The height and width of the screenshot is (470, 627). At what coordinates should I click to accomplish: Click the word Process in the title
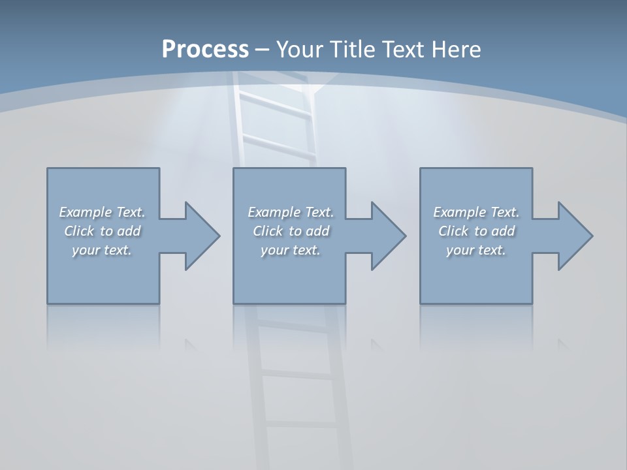205,50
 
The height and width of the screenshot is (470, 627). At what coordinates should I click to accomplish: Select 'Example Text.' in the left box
102,212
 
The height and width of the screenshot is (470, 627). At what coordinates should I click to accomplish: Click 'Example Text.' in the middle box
290,212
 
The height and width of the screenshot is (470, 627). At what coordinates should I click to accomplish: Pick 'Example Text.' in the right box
476,212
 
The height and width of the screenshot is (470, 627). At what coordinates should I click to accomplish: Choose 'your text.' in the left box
102,250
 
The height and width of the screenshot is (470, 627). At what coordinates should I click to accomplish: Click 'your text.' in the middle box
290,250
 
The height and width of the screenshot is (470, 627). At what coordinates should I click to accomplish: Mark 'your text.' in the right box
476,250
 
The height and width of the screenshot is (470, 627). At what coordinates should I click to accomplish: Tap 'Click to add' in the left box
102,231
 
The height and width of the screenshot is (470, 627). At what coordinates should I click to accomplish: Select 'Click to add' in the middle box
290,231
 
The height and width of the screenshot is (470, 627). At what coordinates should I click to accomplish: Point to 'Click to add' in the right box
476,231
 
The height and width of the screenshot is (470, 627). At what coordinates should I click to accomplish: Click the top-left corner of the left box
48,168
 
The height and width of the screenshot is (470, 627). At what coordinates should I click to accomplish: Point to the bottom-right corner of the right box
532,303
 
